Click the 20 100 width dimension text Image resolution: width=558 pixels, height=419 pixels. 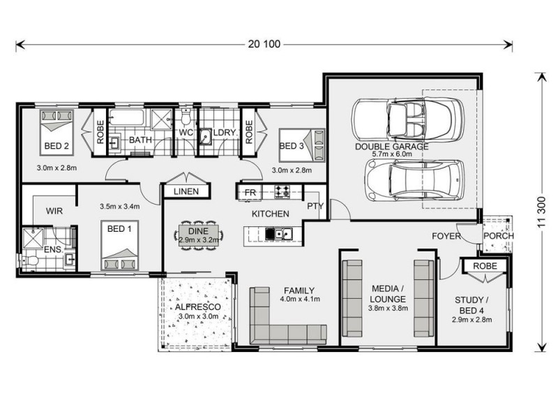click(x=263, y=44)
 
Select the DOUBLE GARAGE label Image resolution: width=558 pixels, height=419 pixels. click(x=391, y=147)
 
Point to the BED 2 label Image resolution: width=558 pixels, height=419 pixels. click(x=56, y=146)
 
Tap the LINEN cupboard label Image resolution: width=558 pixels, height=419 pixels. click(x=186, y=191)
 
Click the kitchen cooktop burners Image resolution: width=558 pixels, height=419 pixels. click(x=283, y=190)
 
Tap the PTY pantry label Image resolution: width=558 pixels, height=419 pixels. click(x=314, y=206)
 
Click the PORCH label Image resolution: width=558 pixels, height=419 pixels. click(x=498, y=235)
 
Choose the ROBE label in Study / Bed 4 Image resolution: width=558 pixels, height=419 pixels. click(x=484, y=266)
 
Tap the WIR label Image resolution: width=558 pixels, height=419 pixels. click(x=56, y=210)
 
